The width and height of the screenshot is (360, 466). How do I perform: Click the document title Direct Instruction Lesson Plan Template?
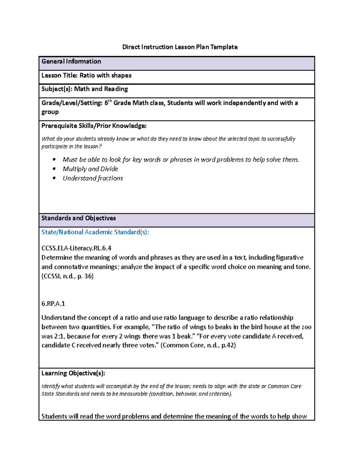(180, 47)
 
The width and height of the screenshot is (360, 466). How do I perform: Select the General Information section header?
(71, 62)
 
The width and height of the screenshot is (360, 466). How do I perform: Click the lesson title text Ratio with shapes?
(105, 75)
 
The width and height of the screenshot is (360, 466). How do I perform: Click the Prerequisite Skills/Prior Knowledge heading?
(94, 126)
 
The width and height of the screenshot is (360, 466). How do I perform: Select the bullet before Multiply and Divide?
(54, 169)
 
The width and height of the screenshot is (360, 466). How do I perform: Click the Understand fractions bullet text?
(93, 178)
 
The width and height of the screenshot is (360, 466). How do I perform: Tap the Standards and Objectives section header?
(78, 218)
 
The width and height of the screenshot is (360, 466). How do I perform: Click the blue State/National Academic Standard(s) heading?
(95, 232)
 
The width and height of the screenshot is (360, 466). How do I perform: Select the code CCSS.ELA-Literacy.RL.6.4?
(76, 248)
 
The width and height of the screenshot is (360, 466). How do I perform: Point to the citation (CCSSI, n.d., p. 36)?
(67, 276)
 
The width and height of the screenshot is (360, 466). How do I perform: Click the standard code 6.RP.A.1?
(53, 303)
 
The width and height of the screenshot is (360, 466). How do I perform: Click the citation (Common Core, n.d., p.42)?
(198, 345)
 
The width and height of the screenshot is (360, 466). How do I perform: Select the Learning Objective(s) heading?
(73, 373)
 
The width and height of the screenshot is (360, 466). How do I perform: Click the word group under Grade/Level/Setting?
(50, 112)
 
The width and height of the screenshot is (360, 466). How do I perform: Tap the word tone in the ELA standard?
(302, 267)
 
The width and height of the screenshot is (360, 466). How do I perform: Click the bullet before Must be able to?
(54, 159)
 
